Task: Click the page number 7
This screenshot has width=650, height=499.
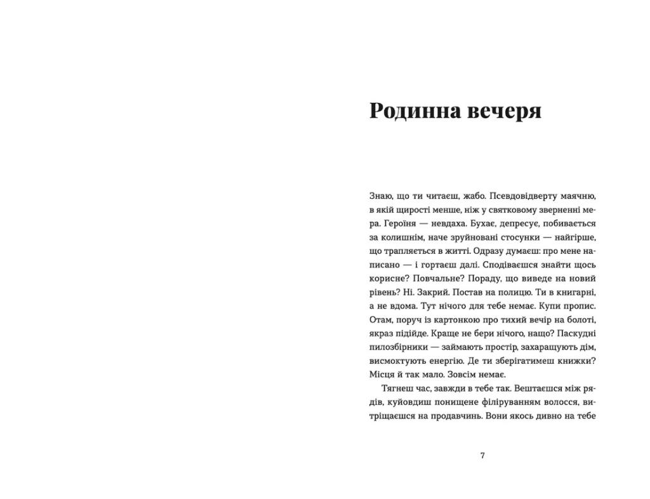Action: pyautogui.click(x=482, y=455)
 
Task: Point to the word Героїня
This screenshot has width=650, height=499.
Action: pyautogui.click(x=402, y=223)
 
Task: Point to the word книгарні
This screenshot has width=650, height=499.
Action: pyautogui.click(x=576, y=292)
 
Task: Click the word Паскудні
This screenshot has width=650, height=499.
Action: pyautogui.click(x=576, y=333)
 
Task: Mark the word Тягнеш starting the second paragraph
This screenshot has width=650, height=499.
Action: pyautogui.click(x=397, y=388)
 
